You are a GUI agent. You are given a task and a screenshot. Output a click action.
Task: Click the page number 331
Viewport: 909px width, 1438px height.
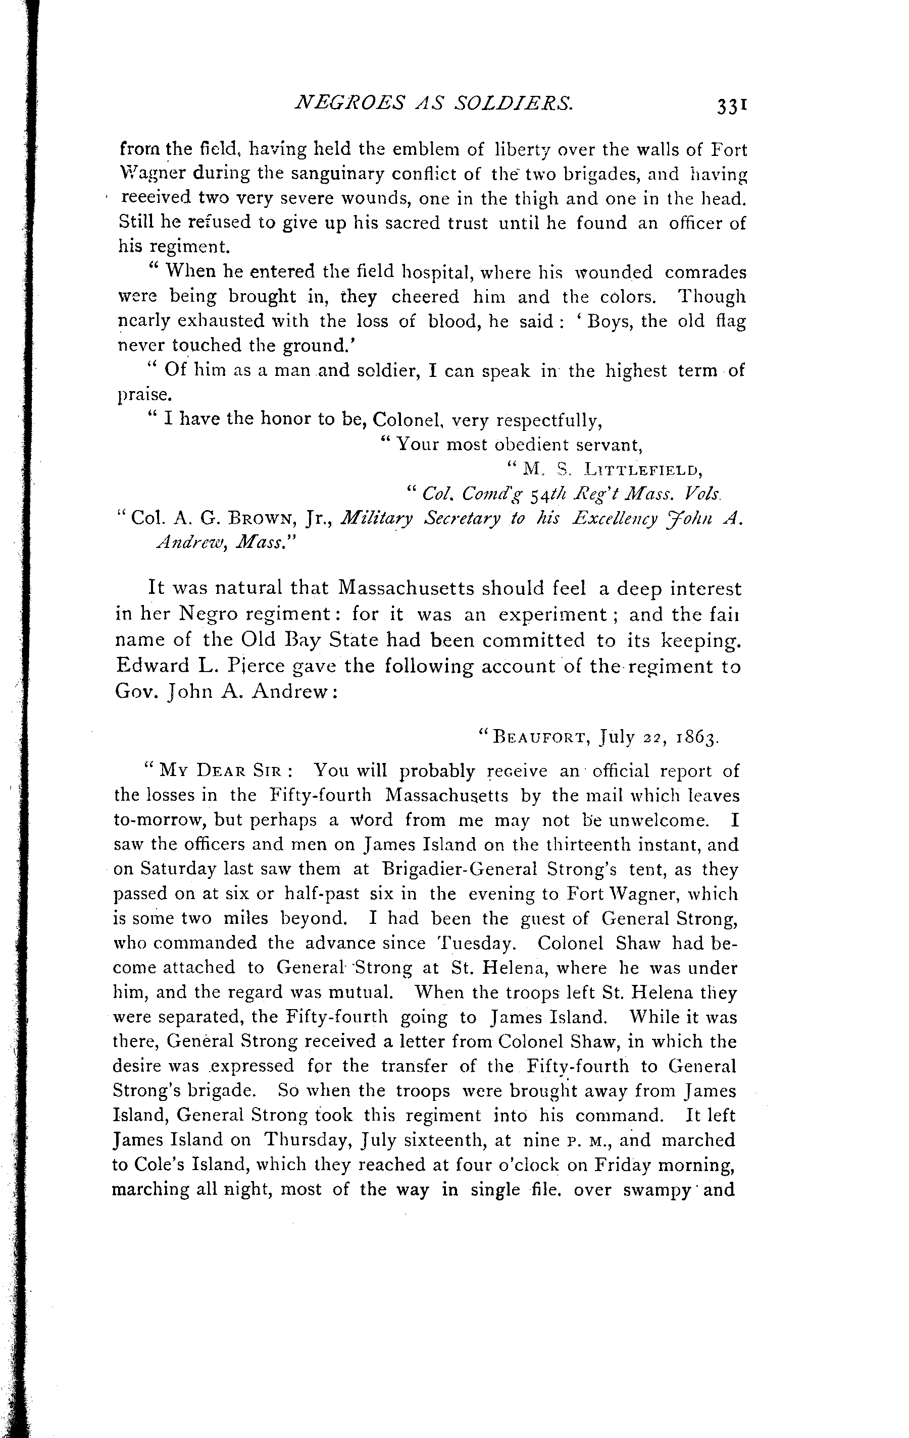pyautogui.click(x=733, y=105)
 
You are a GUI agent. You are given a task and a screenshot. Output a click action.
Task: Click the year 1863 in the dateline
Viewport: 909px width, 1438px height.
pyautogui.click(x=696, y=739)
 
